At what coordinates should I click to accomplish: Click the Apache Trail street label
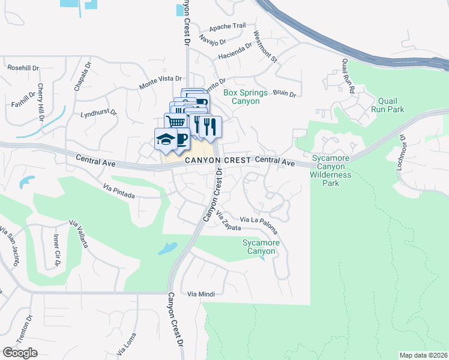pos(228,27)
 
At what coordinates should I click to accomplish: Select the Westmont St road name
pos(265,47)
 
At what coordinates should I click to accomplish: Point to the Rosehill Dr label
pos(22,68)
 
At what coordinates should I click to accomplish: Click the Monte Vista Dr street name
pos(160,79)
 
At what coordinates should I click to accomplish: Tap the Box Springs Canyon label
pos(241,97)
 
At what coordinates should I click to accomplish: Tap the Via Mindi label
pos(200,294)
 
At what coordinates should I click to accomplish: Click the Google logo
pos(20,353)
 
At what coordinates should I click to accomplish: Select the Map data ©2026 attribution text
pos(423,355)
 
